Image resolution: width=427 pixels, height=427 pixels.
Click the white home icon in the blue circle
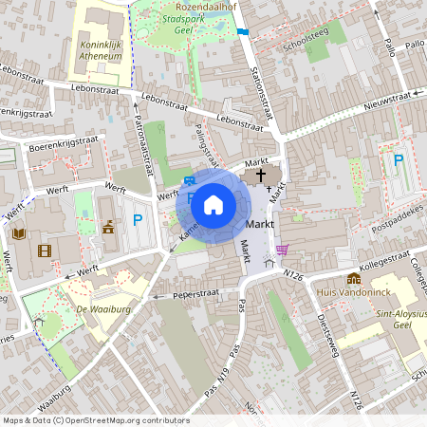coord(213,204)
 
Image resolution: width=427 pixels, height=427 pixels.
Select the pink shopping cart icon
coord(282,251)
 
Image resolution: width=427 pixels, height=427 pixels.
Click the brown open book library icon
coord(18,233)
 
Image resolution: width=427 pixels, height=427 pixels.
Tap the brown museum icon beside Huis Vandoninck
coord(354,279)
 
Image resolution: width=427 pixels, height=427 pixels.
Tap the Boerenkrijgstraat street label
coord(63,143)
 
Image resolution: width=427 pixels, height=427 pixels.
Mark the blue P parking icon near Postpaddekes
coord(399,161)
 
